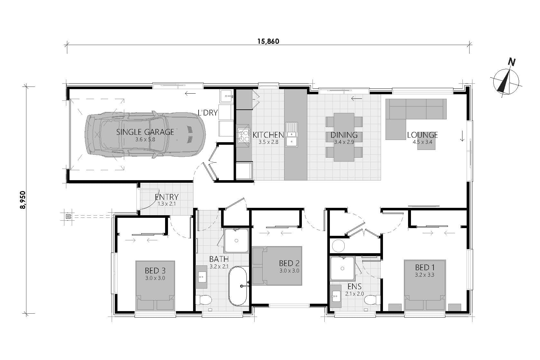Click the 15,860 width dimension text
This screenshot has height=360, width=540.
pos(268,41)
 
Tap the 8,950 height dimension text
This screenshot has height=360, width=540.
pos(23,200)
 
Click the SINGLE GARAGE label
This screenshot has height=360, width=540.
pos(145,132)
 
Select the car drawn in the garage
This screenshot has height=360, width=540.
pos(145,134)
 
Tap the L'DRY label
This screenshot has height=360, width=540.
pos(208,113)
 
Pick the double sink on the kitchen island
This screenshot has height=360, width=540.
pos(292,134)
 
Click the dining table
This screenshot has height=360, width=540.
pos(344,137)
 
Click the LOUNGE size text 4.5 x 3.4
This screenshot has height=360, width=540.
pos(422,142)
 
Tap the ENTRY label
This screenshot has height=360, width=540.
pos(167,197)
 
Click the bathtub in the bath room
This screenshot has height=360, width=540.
pos(238,286)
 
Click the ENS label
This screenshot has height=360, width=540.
pos(354,287)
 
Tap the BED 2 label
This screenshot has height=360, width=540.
pos(289,263)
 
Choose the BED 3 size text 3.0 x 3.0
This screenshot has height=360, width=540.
pos(155,278)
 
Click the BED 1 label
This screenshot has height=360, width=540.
pos(424,267)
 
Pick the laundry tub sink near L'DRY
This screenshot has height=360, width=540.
pos(226,96)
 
